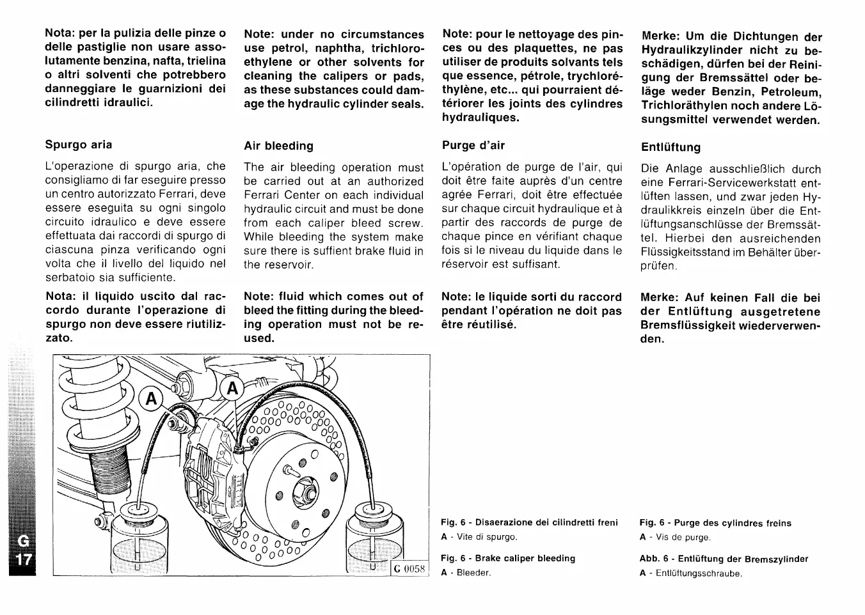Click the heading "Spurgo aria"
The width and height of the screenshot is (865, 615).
tap(79, 144)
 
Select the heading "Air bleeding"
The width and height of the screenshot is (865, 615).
tap(279, 146)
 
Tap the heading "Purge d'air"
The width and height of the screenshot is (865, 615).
tap(473, 145)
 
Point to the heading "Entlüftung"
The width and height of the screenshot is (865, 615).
tap(671, 147)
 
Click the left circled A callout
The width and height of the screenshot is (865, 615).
tap(151, 398)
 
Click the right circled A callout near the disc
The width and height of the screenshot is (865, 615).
tap(232, 388)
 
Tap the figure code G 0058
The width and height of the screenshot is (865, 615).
tap(409, 568)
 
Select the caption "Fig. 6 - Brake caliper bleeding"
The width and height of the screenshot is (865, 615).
tap(508, 558)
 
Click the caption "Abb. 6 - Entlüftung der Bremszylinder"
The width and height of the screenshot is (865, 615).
tap(724, 559)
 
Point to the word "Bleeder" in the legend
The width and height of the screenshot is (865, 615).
tap(473, 573)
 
